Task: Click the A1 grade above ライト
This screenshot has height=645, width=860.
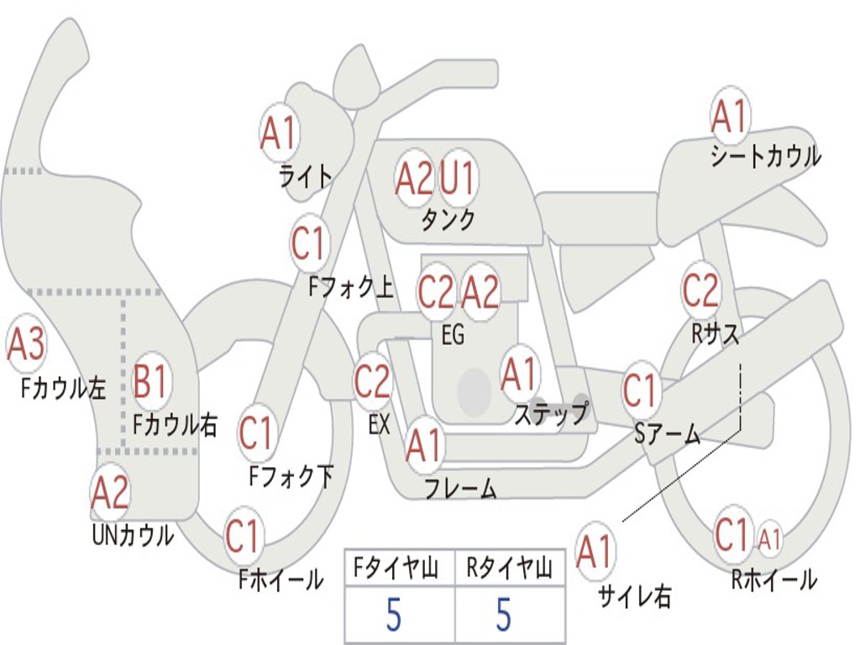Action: click(279, 132)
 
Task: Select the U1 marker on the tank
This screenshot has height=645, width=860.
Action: click(458, 177)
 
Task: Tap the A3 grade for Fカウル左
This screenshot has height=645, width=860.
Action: click(25, 344)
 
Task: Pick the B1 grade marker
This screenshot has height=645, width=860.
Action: click(152, 381)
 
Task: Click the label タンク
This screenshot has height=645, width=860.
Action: click(448, 220)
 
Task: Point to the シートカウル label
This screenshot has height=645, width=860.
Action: click(765, 157)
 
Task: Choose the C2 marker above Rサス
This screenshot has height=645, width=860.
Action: click(700, 291)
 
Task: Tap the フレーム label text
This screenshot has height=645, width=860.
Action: click(460, 488)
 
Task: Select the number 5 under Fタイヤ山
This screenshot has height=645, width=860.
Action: click(393, 616)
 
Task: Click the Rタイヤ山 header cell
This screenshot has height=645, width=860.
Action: click(509, 569)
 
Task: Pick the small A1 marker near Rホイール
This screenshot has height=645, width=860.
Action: click(769, 538)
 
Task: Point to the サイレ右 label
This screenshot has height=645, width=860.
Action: click(634, 596)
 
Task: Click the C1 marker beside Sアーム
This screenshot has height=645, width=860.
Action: click(641, 390)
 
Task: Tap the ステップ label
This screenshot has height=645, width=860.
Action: click(551, 413)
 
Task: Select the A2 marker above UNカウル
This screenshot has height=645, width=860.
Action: click(110, 492)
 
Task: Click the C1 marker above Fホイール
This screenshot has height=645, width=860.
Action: click(243, 536)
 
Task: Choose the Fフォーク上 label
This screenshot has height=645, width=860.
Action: click(350, 289)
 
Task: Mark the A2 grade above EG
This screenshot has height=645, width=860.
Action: click(480, 292)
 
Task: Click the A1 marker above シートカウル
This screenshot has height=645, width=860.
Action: click(729, 116)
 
